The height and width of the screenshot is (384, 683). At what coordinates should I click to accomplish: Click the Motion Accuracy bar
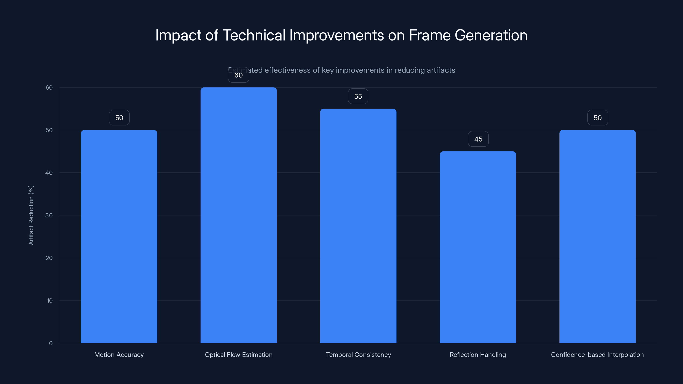[x=119, y=236]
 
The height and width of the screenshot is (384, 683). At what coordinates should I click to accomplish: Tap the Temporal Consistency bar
[x=358, y=225]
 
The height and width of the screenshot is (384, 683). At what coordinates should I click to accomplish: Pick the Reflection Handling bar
[x=478, y=247]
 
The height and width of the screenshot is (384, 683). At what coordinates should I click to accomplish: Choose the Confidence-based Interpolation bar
[x=597, y=236]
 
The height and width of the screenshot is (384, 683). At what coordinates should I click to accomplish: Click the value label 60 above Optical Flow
[x=238, y=75]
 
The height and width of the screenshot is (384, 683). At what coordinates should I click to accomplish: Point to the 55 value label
[x=358, y=96]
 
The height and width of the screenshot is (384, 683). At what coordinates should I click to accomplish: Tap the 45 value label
[x=478, y=139]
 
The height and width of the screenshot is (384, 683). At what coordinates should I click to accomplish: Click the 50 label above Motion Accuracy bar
[x=119, y=118]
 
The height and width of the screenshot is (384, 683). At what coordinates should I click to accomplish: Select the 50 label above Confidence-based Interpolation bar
[x=598, y=118]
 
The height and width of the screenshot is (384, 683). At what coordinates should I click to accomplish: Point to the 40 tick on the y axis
[x=49, y=173]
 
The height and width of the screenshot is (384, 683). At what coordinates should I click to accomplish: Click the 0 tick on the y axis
[x=51, y=343]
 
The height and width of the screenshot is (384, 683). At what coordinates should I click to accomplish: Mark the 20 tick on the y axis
[x=49, y=258]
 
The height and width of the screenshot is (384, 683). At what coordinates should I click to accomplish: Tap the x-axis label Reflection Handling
[x=478, y=355]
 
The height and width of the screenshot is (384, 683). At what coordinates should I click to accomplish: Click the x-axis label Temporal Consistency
[x=358, y=355]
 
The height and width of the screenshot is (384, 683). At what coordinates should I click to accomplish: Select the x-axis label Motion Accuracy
[x=119, y=355]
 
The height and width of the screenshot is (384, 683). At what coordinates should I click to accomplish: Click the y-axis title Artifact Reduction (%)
[x=31, y=215]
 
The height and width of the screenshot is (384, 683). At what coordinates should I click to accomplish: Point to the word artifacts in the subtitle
[x=441, y=70]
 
